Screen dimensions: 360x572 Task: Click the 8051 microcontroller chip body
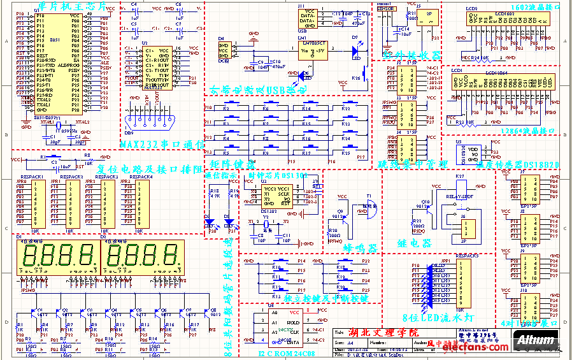(58, 64)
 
